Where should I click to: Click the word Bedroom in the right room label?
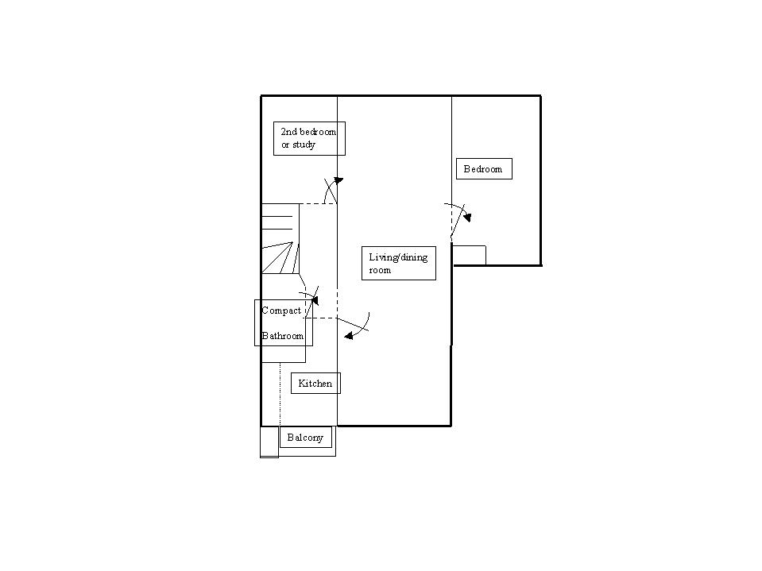483,169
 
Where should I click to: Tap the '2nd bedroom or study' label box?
309,139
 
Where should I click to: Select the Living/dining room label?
399,264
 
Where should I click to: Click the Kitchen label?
315,384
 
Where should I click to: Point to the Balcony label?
306,438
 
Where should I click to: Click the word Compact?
281,311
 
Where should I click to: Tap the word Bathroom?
283,336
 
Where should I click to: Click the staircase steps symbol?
280,238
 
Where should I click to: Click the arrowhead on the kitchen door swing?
349,337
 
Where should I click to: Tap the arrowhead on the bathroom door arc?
315,300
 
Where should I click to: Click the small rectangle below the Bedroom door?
469,255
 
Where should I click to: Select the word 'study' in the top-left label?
305,145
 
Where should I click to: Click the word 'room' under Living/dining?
380,271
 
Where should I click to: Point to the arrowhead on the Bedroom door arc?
467,216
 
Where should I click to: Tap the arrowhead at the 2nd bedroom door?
338,181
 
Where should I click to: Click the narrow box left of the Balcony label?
269,442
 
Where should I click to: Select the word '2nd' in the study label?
288,132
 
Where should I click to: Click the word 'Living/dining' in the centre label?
398,257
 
